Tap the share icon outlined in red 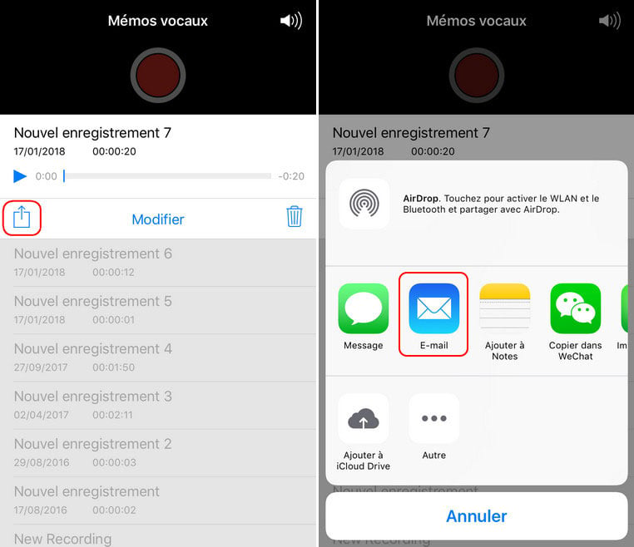click(x=22, y=217)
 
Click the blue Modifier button click(x=158, y=219)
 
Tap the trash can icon click(x=295, y=216)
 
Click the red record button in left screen click(x=158, y=75)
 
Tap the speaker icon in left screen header click(x=291, y=21)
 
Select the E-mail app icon click(x=433, y=308)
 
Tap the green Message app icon click(x=363, y=308)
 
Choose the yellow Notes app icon click(x=504, y=308)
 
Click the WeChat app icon click(x=576, y=308)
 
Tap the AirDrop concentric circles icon click(x=364, y=204)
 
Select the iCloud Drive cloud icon click(x=363, y=418)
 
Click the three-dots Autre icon click(x=433, y=418)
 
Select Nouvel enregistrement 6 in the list click(x=93, y=254)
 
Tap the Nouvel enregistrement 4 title click(x=93, y=348)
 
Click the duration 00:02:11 click(x=112, y=415)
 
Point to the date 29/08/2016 click(x=42, y=462)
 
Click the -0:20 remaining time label click(x=291, y=176)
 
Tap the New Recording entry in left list click(x=62, y=539)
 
